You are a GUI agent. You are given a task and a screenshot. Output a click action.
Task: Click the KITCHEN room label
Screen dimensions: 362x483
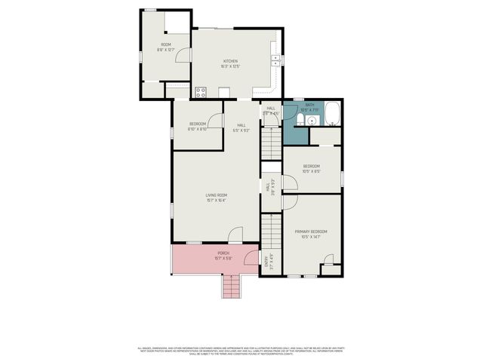(x=230, y=60)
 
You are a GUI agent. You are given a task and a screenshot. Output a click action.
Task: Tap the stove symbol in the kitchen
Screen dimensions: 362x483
(x=201, y=93)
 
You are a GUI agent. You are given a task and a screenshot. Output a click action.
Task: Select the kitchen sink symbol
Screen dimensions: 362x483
(x=277, y=59)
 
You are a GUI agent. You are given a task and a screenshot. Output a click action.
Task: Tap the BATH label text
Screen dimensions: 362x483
(x=309, y=106)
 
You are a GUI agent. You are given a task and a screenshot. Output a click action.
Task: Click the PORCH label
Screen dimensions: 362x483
(x=223, y=253)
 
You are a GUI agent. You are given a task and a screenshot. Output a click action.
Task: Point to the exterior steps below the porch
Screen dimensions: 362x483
(x=232, y=286)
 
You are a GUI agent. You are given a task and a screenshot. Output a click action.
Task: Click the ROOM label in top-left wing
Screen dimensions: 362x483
(x=165, y=44)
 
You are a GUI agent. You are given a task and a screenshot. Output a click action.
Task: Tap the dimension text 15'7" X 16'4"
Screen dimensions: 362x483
(x=217, y=200)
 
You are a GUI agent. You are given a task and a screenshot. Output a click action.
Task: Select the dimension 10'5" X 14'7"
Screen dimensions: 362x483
(x=311, y=237)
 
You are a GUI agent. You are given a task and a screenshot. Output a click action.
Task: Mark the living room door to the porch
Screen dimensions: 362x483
(x=235, y=236)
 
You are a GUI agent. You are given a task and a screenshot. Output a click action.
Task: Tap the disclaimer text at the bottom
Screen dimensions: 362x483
(x=241, y=350)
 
